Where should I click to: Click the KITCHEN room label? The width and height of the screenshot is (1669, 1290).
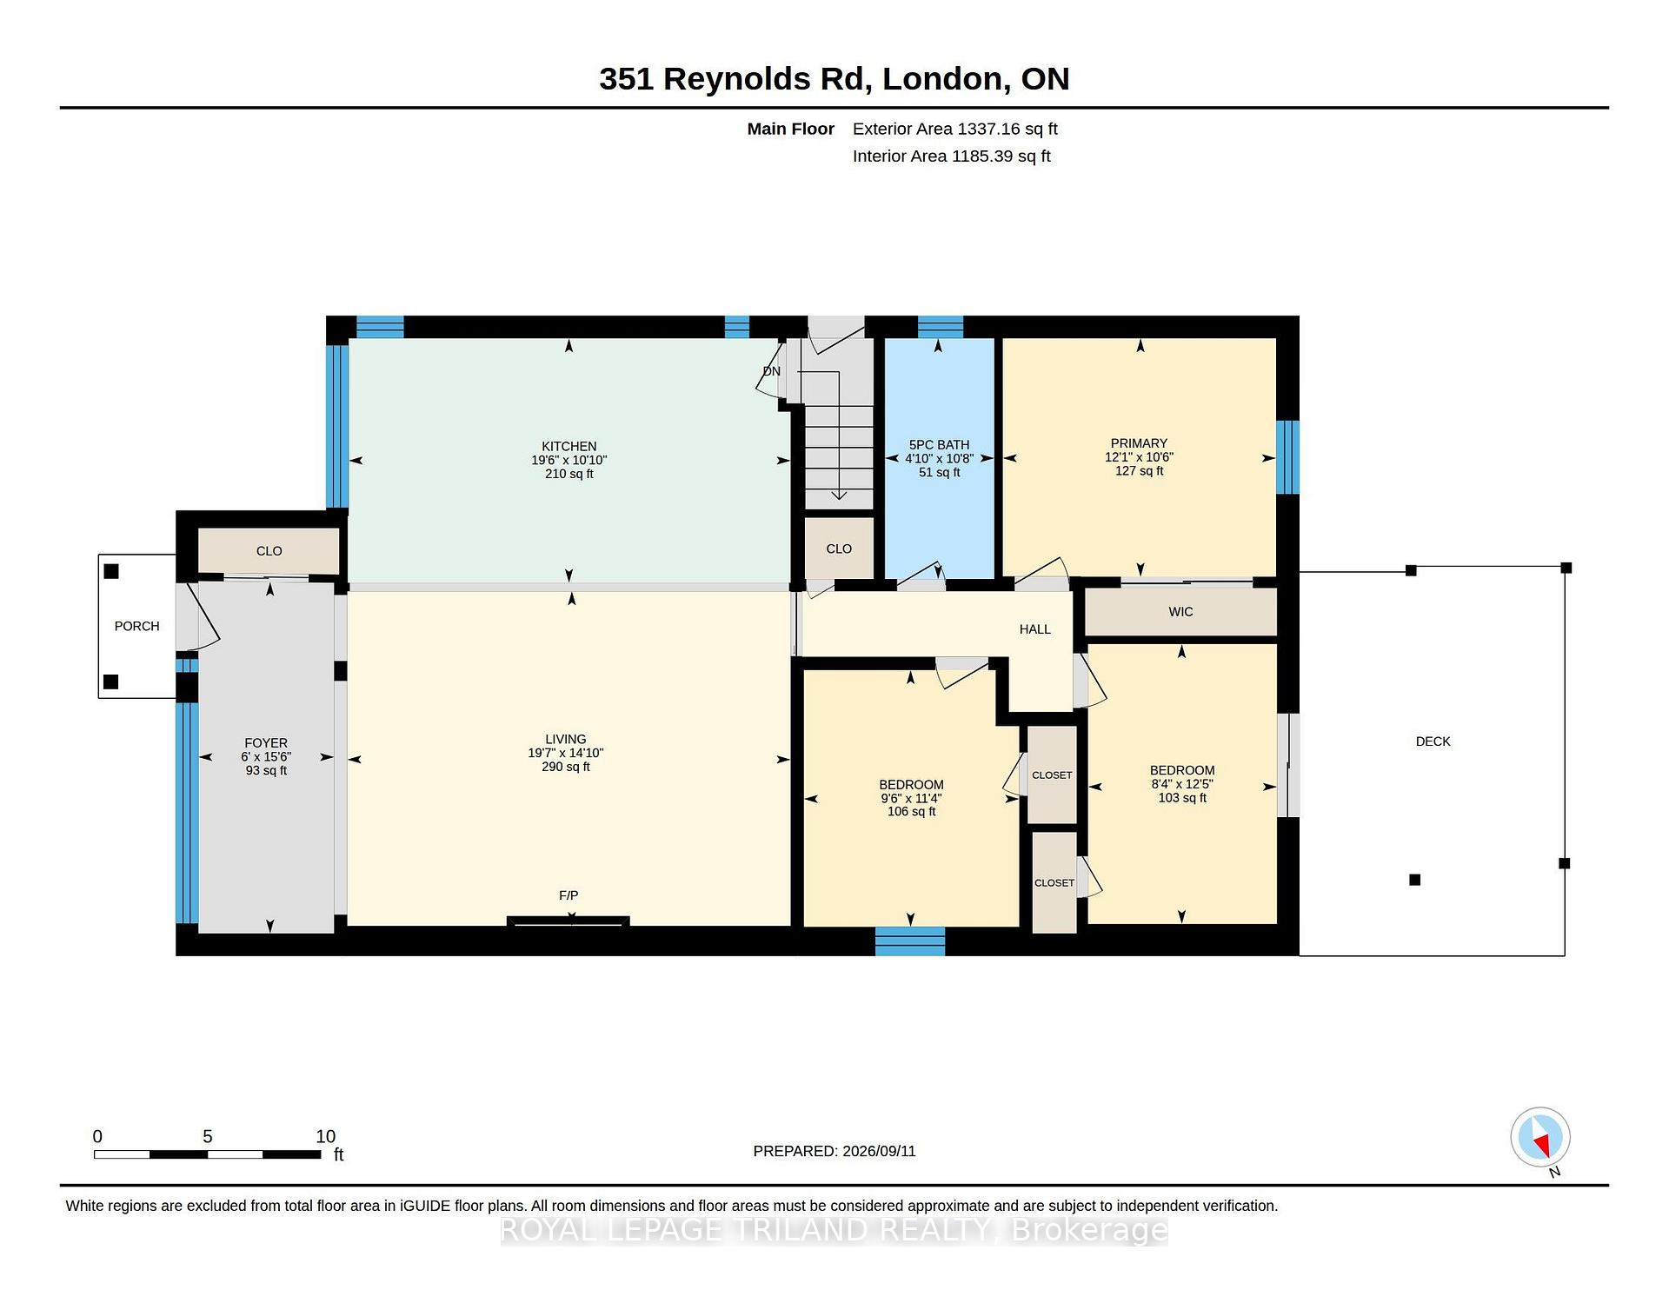pos(569,446)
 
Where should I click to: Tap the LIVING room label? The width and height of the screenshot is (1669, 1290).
pos(566,739)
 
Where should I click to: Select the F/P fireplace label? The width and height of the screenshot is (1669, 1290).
pos(569,895)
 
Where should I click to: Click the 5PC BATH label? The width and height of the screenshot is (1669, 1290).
pos(939,444)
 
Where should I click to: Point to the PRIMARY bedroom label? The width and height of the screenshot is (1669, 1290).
pos(1139,443)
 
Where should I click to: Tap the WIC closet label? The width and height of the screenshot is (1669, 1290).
pos(1180,612)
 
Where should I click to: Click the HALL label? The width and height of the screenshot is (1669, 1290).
pos(1035,629)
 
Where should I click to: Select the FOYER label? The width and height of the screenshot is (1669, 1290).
pos(266,743)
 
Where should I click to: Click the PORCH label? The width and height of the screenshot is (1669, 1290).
pos(137,626)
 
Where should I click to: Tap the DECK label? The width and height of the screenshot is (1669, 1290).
pos(1433,741)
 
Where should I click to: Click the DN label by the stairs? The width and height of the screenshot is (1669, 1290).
pos(772,371)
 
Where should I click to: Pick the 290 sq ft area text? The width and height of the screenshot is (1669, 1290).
pos(566,767)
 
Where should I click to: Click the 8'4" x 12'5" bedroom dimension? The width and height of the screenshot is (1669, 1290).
pos(1182,784)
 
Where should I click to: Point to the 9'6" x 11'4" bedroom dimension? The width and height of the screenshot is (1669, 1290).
pos(911,798)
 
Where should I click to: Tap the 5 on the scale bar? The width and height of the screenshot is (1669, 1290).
pos(208,1136)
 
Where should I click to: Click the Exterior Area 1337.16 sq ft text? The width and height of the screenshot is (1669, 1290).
pos(955,129)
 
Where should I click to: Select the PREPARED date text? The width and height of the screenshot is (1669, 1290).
pos(834,1151)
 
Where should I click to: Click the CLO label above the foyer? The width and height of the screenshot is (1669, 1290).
pos(269,551)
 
